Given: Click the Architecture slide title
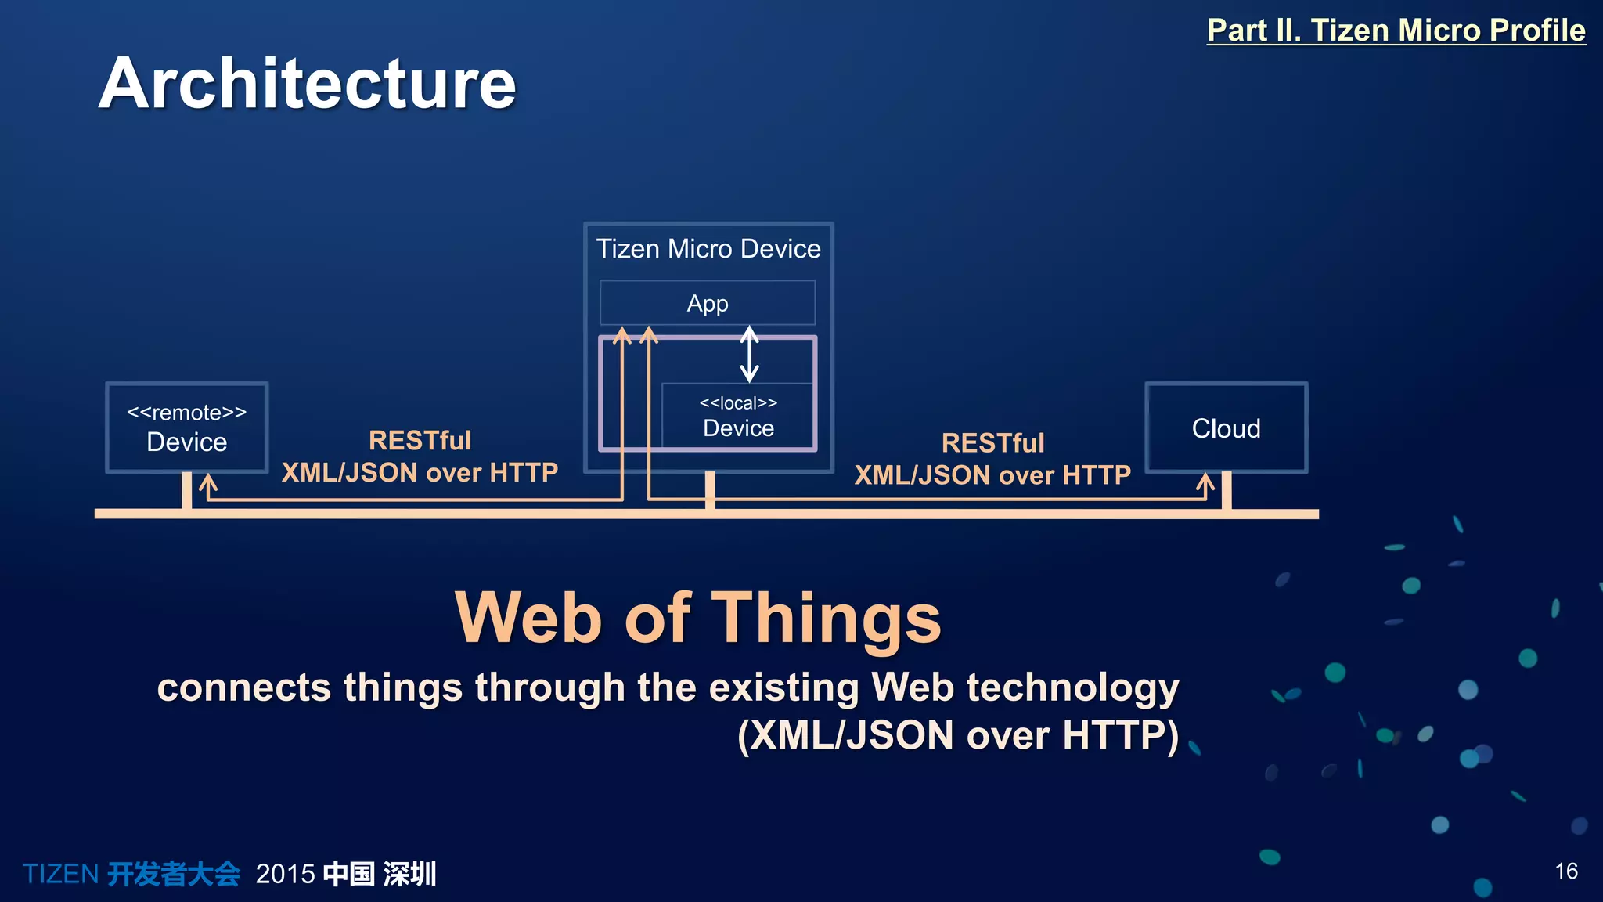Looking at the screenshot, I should click(307, 84).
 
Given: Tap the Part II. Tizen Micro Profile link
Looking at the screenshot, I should click(1396, 31).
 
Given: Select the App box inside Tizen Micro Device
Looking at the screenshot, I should click(707, 303).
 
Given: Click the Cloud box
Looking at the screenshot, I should click(1226, 428).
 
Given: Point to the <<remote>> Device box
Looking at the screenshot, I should click(187, 428).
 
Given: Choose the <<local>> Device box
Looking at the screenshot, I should click(738, 417).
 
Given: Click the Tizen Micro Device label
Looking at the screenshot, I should click(708, 249).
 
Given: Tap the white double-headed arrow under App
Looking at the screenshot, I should click(749, 354).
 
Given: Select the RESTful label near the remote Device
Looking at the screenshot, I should click(420, 441).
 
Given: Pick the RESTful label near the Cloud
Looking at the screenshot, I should click(992, 443).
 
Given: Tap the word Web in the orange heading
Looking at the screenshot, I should click(529, 619).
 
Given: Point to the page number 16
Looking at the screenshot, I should click(1565, 871).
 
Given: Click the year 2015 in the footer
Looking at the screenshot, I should click(285, 874).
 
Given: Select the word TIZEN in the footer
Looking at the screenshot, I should click(60, 874).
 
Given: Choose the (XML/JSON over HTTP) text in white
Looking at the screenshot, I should click(958, 735).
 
